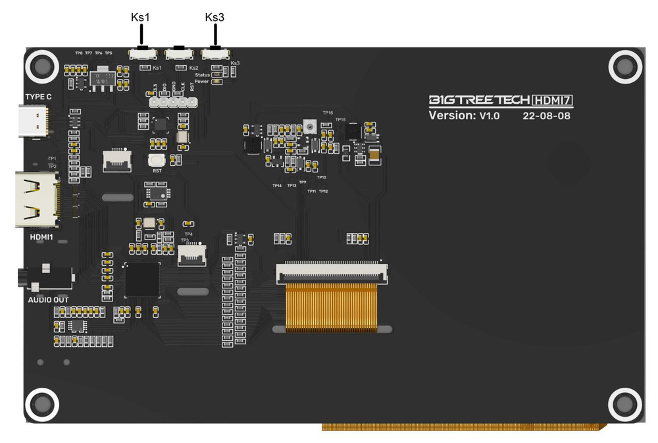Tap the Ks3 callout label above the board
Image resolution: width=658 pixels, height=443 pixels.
(215, 18)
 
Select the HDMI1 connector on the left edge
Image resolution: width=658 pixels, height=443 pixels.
(37, 199)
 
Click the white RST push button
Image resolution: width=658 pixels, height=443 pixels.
(157, 160)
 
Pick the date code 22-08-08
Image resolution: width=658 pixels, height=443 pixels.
(546, 116)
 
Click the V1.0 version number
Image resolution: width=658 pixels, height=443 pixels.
(490, 116)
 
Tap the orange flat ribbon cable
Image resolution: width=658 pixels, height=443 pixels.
(331, 306)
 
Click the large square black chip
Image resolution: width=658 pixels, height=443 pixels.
(142, 280)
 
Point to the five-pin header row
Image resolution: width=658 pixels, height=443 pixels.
(173, 103)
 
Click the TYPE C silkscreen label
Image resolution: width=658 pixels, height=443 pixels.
(38, 97)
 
